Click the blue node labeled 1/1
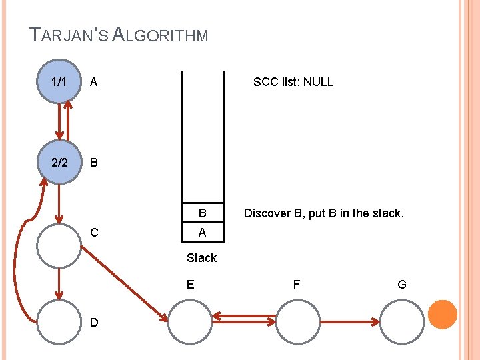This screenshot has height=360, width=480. [59, 82]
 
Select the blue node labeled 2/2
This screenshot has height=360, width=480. [59, 162]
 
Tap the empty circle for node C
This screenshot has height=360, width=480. [59, 245]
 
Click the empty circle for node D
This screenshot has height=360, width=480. [59, 322]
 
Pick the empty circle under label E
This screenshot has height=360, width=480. [189, 322]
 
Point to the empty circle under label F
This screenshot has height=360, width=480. [297, 322]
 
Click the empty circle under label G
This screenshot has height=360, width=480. [402, 322]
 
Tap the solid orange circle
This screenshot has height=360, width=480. [442, 315]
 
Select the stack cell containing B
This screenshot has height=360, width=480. [201, 214]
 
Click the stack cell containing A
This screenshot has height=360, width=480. [201, 233]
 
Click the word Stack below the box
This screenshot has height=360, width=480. [201, 258]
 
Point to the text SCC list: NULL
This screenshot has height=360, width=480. [293, 82]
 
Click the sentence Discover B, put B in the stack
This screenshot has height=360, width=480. [324, 214]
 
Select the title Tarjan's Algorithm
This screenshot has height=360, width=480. [119, 34]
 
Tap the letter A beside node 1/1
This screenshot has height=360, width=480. [94, 82]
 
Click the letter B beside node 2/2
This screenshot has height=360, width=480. [94, 162]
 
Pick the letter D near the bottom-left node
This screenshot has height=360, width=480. [94, 323]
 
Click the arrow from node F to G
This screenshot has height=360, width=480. [349, 323]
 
